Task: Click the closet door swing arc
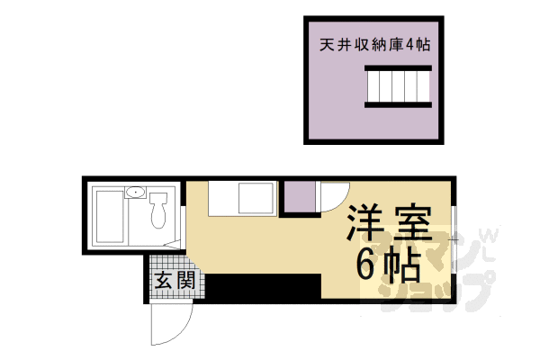tap(330, 199)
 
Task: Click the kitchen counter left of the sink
tap(220, 198)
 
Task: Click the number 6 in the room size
tap(369, 263)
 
